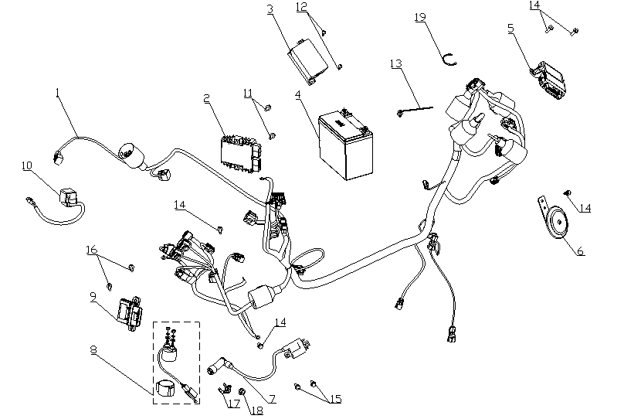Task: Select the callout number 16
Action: click(91, 250)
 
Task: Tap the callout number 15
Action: click(334, 399)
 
